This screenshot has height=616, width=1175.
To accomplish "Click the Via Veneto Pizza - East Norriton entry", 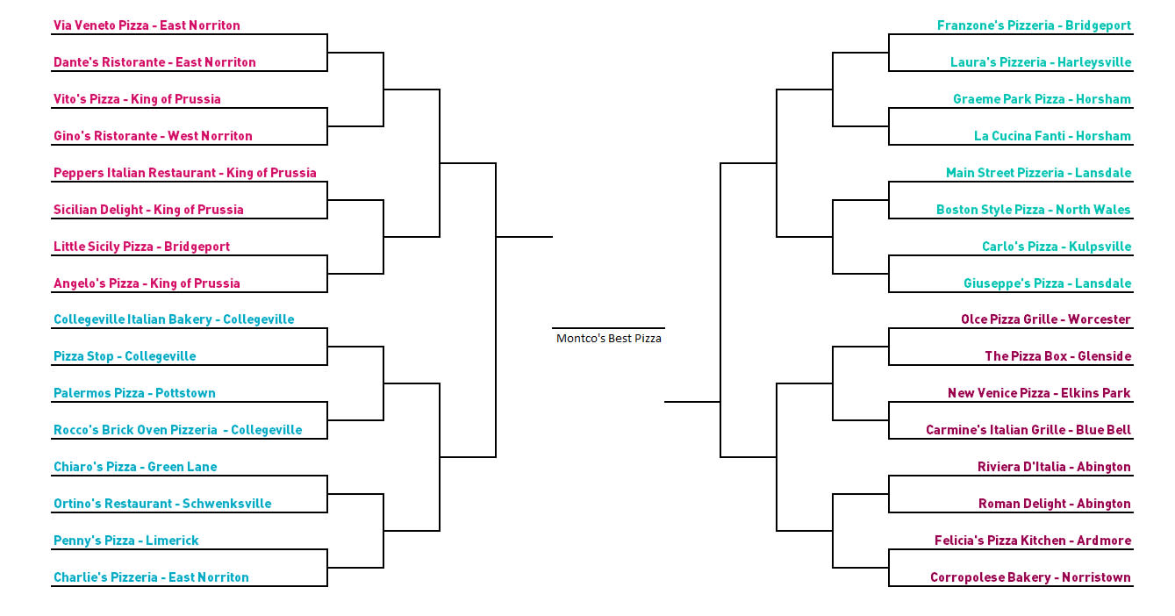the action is pyautogui.click(x=147, y=25).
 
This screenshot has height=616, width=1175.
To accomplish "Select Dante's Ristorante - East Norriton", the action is pyautogui.click(x=154, y=62).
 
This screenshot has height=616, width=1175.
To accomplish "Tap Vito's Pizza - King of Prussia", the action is pyautogui.click(x=137, y=99).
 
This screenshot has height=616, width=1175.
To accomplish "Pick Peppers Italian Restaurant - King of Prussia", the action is pyautogui.click(x=184, y=173).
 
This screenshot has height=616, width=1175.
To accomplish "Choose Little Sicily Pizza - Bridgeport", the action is pyautogui.click(x=141, y=247).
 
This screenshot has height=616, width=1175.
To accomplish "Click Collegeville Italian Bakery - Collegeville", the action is pyautogui.click(x=174, y=319).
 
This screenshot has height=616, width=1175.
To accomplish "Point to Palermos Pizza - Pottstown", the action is pyautogui.click(x=134, y=393).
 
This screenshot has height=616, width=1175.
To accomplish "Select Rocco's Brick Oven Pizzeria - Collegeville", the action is pyautogui.click(x=178, y=430).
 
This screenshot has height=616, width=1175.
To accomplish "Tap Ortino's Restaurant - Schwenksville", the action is pyautogui.click(x=162, y=504).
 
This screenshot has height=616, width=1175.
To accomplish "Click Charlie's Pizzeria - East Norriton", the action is pyautogui.click(x=151, y=577).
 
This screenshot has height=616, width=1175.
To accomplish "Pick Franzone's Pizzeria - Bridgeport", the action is pyautogui.click(x=1034, y=25).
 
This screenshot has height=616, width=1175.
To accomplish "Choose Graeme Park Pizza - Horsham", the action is pyautogui.click(x=1042, y=99).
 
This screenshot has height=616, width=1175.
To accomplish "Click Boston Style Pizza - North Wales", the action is pyautogui.click(x=1034, y=210).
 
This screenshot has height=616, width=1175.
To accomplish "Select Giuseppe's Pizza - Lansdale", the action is pyautogui.click(x=1047, y=283).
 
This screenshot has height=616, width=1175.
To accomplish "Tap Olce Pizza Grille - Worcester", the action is pyautogui.click(x=1046, y=319).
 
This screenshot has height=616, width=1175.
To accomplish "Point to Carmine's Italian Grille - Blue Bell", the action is pyautogui.click(x=1028, y=430).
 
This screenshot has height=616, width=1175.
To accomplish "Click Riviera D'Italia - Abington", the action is pyautogui.click(x=1055, y=467).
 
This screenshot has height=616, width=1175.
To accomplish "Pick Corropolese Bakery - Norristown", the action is pyautogui.click(x=1031, y=577).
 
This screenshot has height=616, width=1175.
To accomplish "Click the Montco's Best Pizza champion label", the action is pyautogui.click(x=608, y=339).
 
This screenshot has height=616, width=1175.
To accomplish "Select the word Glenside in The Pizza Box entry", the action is pyautogui.click(x=1104, y=356).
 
